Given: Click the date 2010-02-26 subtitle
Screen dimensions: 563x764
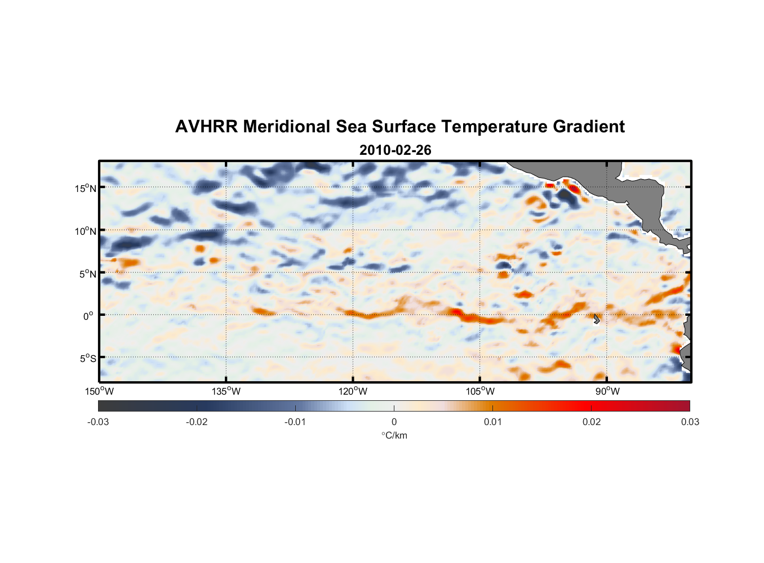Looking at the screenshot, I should (x=395, y=150).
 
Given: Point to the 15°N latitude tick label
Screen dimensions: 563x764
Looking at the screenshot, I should (x=86, y=188).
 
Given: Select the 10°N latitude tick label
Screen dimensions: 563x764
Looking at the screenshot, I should (x=86, y=231).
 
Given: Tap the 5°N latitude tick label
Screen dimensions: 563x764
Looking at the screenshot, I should (x=87, y=274).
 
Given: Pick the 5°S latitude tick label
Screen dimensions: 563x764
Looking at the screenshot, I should (x=87, y=358).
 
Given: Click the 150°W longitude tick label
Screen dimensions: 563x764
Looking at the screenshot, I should (x=99, y=391).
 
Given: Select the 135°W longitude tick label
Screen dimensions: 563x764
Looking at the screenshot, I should (x=226, y=391).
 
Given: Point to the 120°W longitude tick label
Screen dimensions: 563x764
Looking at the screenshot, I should (x=353, y=391).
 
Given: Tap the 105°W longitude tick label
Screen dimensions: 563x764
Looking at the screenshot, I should (x=480, y=391).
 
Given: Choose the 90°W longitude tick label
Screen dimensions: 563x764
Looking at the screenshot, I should (x=607, y=391).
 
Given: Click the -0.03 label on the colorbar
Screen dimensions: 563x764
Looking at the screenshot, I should (x=98, y=422).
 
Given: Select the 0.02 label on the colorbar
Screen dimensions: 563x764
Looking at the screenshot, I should (x=592, y=422).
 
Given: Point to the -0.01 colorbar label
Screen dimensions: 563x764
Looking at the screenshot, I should (x=295, y=422).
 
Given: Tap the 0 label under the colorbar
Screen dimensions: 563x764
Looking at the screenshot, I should (x=394, y=422).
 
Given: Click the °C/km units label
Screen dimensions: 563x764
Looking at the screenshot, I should (x=394, y=435).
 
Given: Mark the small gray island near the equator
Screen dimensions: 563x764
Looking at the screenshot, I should (x=597, y=319).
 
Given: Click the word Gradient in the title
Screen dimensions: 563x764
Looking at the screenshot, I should (x=589, y=127).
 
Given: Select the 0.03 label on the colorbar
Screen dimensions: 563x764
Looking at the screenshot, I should (x=690, y=422).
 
